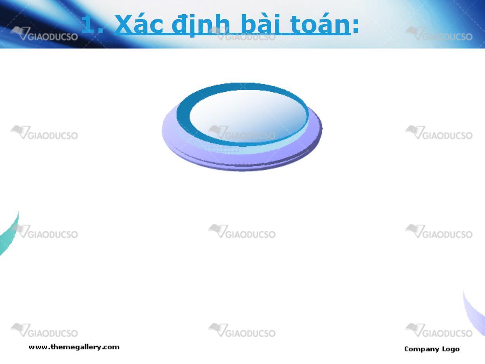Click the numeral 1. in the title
pyautogui.click(x=92, y=24)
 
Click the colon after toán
pyautogui.click(x=355, y=26)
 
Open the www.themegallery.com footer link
pyautogui.click(x=74, y=347)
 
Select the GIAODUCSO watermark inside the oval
pyautogui.click(x=242, y=133)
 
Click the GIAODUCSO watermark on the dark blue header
pyautogui.click(x=44, y=34)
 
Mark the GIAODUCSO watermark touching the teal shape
pyautogui.click(x=44, y=231)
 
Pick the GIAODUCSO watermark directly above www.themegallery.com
pyautogui.click(x=44, y=330)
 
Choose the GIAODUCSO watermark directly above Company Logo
pyautogui.click(x=439, y=330)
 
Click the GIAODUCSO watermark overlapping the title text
pyautogui.click(x=242, y=34)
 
